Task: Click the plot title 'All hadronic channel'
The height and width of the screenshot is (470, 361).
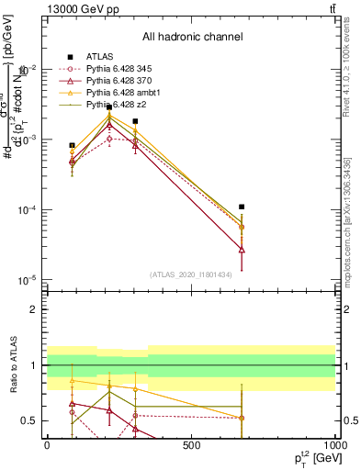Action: [192, 37]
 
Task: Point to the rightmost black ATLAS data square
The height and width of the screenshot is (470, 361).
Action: [242, 207]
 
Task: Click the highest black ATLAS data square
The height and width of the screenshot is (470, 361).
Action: [109, 107]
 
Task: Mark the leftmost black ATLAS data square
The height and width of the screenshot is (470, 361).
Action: [73, 145]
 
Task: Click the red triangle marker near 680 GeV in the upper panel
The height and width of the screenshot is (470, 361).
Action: [242, 249]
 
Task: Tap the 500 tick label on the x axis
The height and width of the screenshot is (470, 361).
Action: [191, 445]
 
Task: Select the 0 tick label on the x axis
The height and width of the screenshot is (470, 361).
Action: [47, 445]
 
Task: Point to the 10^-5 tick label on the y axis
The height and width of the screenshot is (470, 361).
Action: [25, 280]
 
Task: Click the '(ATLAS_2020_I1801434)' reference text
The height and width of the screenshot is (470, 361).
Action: [191, 274]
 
